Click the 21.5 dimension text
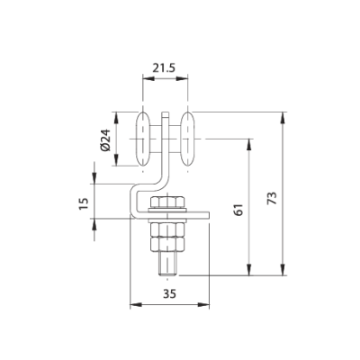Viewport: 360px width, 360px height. coord(165,67)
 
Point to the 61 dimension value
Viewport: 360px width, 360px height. coord(238,208)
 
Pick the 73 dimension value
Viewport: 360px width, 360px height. coord(272,194)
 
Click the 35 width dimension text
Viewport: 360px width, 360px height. coord(169,292)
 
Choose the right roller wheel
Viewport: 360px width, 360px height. coord(188,140)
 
